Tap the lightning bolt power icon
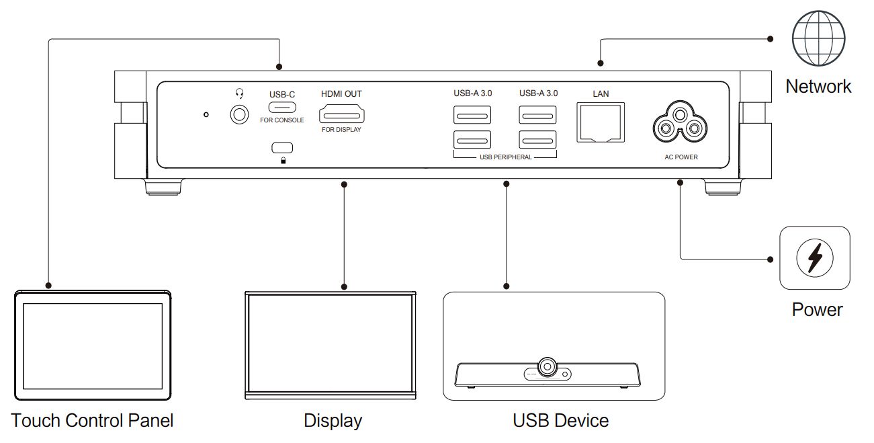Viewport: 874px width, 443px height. pos(814,258)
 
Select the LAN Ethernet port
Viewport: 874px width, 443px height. pos(601,122)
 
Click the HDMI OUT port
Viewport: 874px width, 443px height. pos(341,113)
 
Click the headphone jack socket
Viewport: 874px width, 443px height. pos(238,115)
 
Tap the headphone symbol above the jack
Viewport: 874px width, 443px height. pos(238,95)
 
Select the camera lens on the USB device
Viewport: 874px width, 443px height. pos(548,367)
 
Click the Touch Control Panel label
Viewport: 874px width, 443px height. pos(92,421)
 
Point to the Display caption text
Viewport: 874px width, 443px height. pos(333,421)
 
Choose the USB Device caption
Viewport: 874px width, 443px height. pos(560,421)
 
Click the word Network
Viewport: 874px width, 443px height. pos(818,86)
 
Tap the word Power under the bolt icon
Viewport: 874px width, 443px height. pos(817,309)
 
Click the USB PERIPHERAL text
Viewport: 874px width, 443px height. pos(505,157)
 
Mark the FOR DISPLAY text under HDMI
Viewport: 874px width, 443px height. pos(341,130)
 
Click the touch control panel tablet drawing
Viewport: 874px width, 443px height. pos(93,344)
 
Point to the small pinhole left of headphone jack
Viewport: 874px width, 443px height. pos(206,115)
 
